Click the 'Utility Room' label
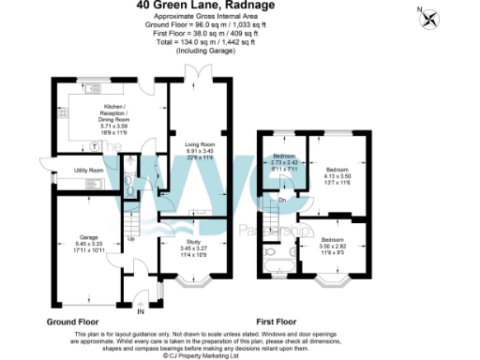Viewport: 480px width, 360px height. click(89, 171)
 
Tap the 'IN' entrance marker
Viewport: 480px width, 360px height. click(141, 313)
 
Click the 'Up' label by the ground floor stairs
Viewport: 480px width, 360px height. click(131, 238)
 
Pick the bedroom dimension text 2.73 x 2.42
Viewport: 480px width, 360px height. click(284, 162)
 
